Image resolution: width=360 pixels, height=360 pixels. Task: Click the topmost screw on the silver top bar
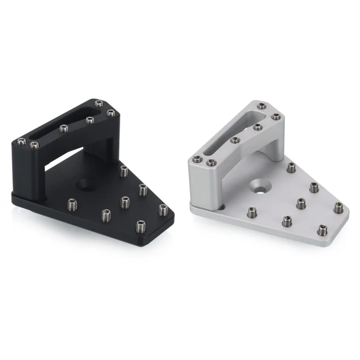pos(261,106)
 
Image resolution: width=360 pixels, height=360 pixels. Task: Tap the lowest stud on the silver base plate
pos(321,229)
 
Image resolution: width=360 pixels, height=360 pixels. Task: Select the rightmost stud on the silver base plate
pos(337,208)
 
